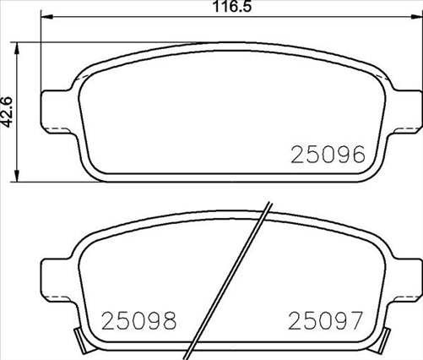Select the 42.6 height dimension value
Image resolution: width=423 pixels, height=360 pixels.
pos(8,110)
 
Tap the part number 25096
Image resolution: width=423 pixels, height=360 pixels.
pos(327,155)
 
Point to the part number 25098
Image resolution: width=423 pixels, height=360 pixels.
pos(138,321)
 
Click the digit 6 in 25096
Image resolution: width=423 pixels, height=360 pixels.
pos(356,155)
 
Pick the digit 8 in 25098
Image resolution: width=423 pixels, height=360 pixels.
pos(168,321)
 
